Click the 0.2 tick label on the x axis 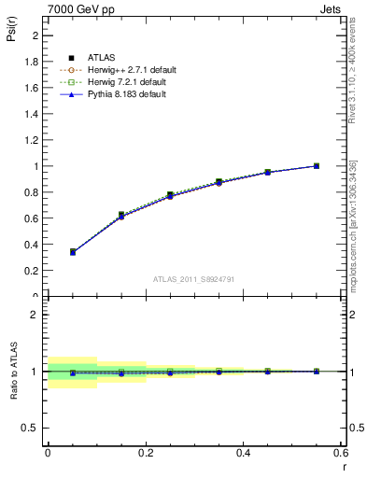145,453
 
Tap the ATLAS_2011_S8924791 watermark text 195,278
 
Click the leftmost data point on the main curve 73,251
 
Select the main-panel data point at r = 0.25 170,195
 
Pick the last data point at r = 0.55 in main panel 317,166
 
